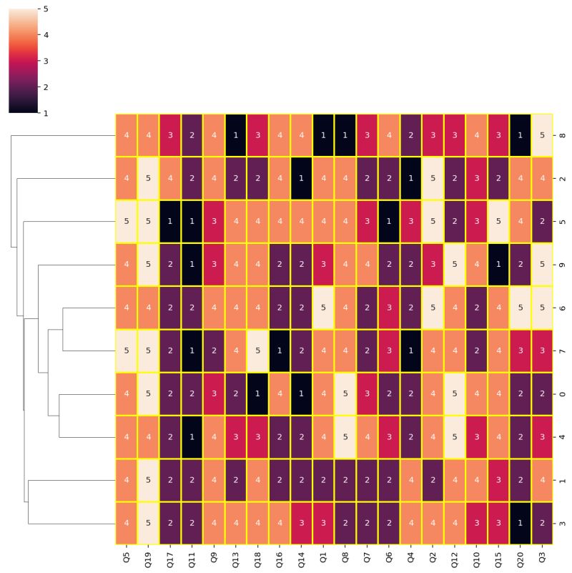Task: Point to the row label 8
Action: click(562, 135)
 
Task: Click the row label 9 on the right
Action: click(562, 265)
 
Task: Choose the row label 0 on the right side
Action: click(562, 394)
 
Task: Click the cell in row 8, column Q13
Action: click(236, 135)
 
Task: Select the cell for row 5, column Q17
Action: click(170, 222)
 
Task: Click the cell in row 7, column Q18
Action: click(258, 351)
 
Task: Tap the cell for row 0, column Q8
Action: click(345, 394)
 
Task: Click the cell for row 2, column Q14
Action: click(302, 179)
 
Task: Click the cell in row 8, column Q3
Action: click(542, 135)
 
